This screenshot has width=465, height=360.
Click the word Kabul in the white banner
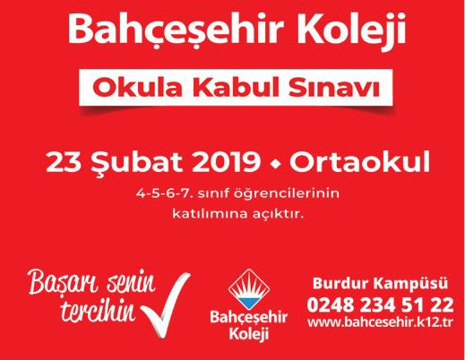pos(234,87)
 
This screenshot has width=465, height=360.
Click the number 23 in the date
pos(64,161)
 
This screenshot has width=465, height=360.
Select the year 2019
pos(226,161)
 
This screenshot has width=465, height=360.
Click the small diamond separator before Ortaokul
pos(274,164)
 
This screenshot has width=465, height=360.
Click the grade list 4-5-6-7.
pos(163,193)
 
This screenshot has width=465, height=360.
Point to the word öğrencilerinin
pos(287,194)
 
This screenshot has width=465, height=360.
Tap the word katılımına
pos(210,214)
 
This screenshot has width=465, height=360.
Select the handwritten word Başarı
pos(63,281)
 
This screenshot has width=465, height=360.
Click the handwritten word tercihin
pos(98,312)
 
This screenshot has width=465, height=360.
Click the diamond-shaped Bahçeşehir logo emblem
pos(249,289)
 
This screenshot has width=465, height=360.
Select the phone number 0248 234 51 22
pos(380,305)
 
